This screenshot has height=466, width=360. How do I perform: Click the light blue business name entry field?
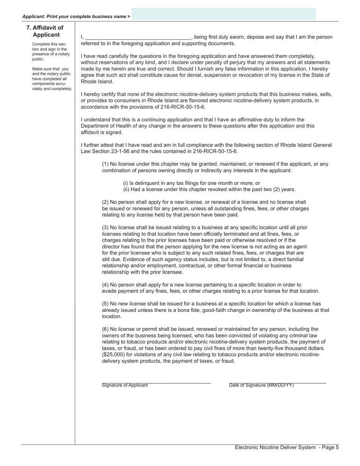point(224,14)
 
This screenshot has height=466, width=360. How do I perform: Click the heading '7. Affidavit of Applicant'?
point(45,31)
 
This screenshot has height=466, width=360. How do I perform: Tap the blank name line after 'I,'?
point(138,37)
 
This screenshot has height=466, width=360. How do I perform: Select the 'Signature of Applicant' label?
point(125,385)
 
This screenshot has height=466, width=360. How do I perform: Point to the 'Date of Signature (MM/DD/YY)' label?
point(261,385)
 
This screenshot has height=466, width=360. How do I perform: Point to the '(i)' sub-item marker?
point(126,183)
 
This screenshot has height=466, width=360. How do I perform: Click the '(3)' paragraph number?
point(105,227)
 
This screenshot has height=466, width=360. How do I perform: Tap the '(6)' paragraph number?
point(105,329)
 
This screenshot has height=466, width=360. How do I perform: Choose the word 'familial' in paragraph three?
point(294,260)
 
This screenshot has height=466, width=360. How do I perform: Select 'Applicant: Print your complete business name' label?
point(76,17)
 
